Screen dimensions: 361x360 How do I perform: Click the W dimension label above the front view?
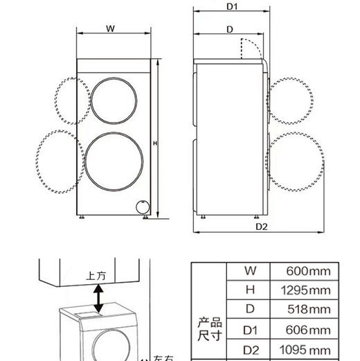111,28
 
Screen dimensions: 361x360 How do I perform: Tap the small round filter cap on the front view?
142,206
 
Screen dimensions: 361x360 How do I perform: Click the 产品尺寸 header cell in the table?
208,330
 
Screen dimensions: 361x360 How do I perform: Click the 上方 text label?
97,275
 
